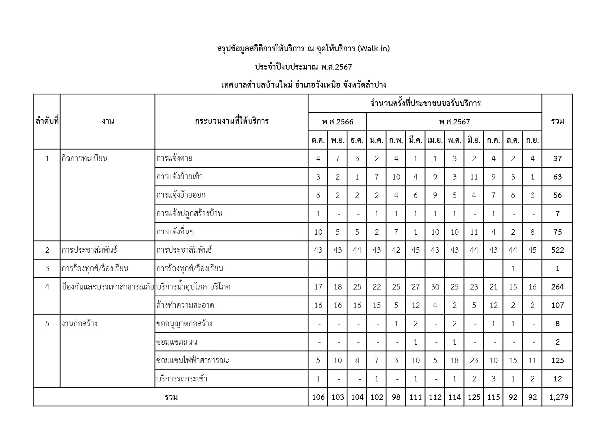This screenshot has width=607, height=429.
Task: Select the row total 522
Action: coord(558,250)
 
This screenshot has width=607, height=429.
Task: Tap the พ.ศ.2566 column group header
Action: coord(337,122)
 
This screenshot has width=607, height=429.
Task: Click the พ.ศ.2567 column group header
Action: coord(454,122)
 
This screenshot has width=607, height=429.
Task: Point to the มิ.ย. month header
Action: coord(474,140)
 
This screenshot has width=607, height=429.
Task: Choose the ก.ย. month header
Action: coord(532,140)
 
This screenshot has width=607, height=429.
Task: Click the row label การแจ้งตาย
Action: coord(174,158)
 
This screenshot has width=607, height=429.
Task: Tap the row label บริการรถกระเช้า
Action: coord(182,379)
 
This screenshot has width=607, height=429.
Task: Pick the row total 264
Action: coord(558,287)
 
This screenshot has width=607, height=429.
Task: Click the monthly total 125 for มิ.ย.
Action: coord(474,397)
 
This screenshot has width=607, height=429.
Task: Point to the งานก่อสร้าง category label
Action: coord(79,324)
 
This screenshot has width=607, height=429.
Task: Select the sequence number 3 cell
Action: coord(47,269)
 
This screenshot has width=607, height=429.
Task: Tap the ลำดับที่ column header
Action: coord(47,121)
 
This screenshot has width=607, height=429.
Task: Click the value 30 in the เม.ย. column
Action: coord(435,287)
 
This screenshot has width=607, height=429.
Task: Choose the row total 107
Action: coord(558,305)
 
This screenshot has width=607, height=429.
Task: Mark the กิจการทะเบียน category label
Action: coord(84,158)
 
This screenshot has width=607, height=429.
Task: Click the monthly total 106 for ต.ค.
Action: coord(318,397)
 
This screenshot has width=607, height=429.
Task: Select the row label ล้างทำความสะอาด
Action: coord(185,305)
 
